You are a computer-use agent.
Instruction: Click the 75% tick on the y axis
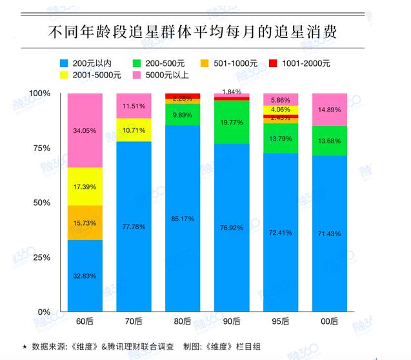[x=40, y=148]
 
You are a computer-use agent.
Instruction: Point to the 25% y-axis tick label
[x=40, y=257]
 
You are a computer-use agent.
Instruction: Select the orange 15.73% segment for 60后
[x=85, y=223]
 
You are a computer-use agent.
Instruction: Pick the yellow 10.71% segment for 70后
[x=134, y=130]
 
